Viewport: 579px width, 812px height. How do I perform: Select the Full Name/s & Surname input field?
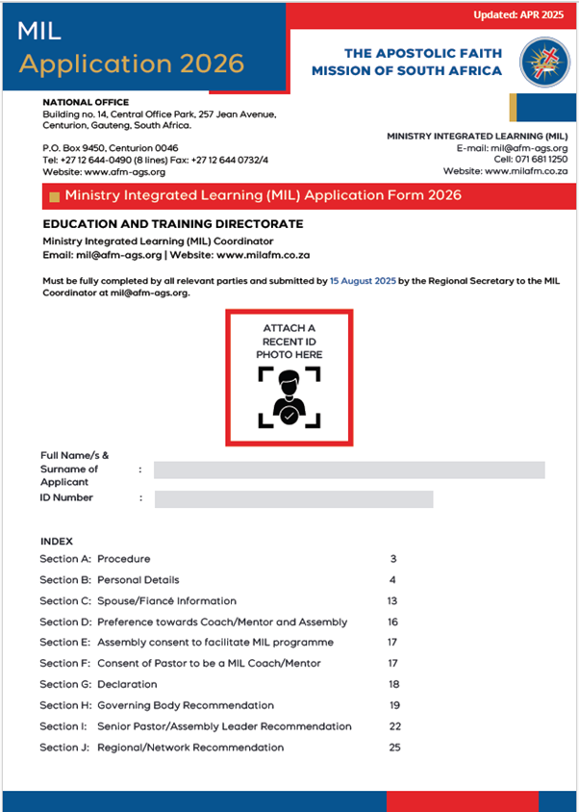pyautogui.click(x=349, y=469)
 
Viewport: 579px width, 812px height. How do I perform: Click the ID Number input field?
pyautogui.click(x=293, y=498)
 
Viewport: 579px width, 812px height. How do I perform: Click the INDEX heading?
pyautogui.click(x=57, y=541)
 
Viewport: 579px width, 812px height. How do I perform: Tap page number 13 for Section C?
pyautogui.click(x=392, y=600)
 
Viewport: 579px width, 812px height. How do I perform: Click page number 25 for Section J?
pyautogui.click(x=393, y=747)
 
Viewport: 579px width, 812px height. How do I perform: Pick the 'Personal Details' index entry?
pyautogui.click(x=138, y=580)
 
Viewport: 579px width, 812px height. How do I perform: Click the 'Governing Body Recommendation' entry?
pyautogui.click(x=186, y=705)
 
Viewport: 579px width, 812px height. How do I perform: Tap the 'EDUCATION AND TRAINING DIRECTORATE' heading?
pyautogui.click(x=173, y=224)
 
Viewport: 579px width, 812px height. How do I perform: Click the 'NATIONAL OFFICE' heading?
pyautogui.click(x=86, y=102)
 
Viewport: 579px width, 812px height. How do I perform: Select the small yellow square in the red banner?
pyautogui.click(x=54, y=196)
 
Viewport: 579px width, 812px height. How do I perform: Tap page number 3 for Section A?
pyautogui.click(x=393, y=559)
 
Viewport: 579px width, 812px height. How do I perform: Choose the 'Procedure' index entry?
pyautogui.click(x=124, y=559)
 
